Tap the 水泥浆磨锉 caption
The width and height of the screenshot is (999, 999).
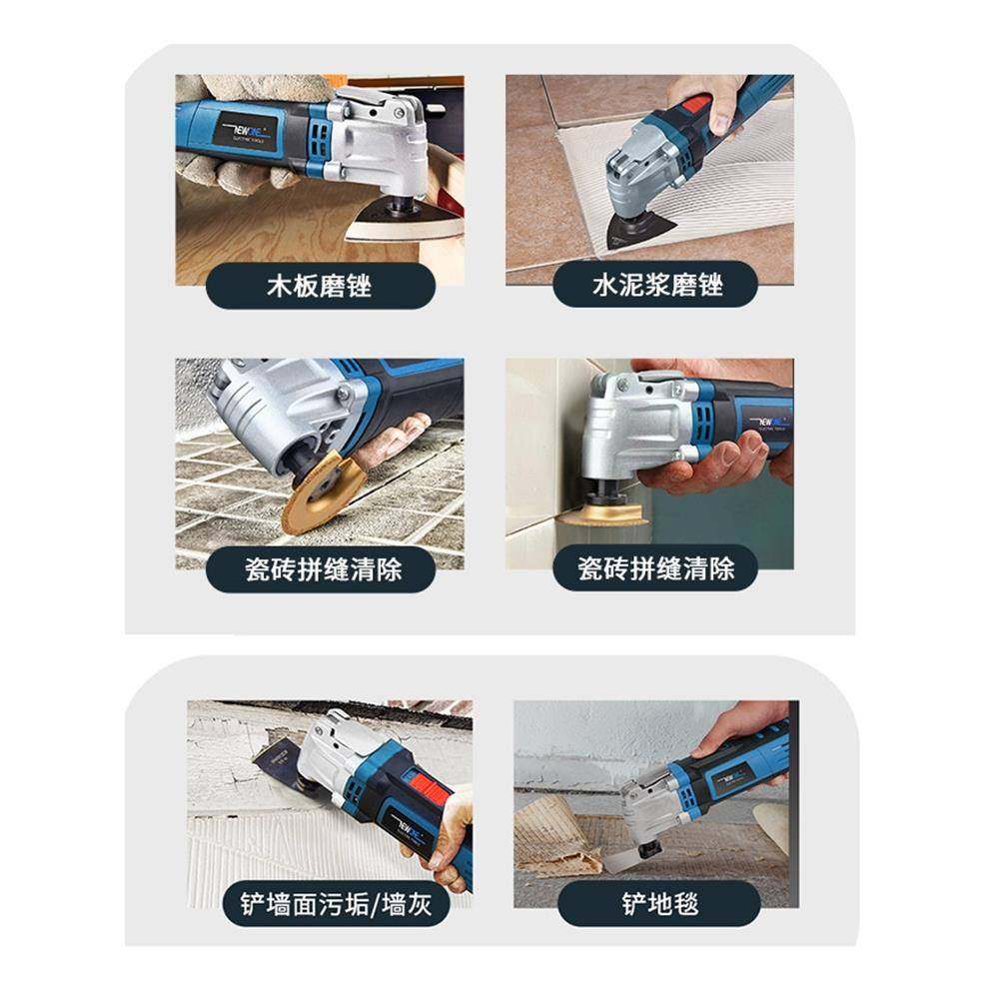coord(655,286)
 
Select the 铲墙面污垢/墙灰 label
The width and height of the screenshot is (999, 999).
coord(331,905)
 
